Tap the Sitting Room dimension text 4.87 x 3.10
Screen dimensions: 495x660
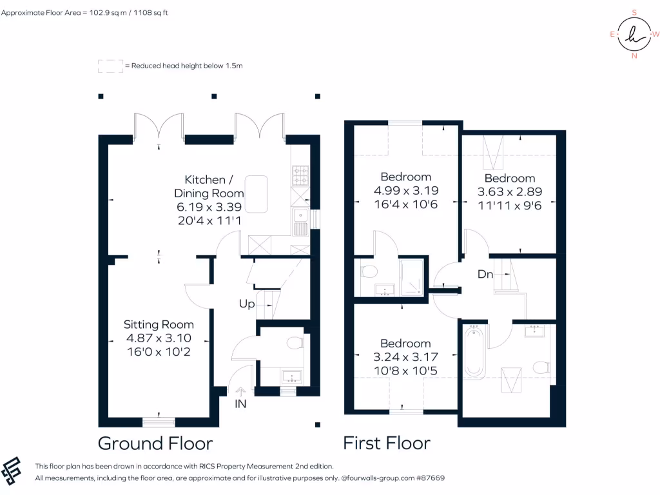(x=159, y=338)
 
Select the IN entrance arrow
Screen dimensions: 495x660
(x=241, y=391)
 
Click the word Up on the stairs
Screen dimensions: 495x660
(x=247, y=304)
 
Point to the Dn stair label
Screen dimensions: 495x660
(x=485, y=275)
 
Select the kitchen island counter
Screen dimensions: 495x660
(x=256, y=193)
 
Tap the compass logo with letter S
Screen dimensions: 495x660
(x=635, y=34)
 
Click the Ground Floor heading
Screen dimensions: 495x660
(x=155, y=443)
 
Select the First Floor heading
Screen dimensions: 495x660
(x=387, y=443)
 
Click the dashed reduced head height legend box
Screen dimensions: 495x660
(x=110, y=66)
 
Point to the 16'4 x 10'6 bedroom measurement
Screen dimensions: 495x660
(x=405, y=204)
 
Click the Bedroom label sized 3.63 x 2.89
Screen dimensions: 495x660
(x=510, y=179)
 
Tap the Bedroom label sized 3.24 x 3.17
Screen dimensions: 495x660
(x=405, y=344)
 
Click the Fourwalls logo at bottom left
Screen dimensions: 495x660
(x=13, y=471)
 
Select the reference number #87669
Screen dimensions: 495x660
(x=430, y=478)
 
